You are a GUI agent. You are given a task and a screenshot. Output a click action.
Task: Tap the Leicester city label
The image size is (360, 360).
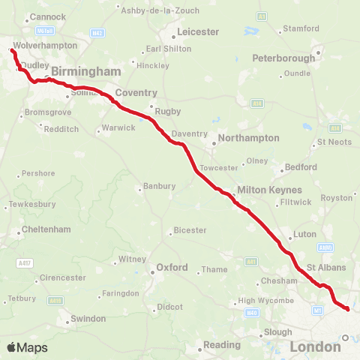(197, 32)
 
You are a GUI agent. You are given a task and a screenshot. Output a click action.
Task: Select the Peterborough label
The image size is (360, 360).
(283, 58)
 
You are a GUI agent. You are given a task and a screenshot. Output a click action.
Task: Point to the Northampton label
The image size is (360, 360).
(246, 138)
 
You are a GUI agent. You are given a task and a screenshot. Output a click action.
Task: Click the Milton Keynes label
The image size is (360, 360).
(268, 190)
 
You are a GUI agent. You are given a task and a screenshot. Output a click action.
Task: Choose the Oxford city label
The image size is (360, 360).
(172, 267)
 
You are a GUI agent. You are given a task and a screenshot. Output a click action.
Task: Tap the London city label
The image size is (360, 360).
(315, 347)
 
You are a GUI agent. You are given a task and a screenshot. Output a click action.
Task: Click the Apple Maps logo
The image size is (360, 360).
(27, 348)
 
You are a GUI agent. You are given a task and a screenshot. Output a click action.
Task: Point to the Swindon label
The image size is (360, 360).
(88, 319)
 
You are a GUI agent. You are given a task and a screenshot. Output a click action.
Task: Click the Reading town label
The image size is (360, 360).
(223, 346)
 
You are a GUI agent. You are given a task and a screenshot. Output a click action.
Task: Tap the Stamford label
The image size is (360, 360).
(301, 30)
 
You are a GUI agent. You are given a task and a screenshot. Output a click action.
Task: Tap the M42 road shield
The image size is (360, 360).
(97, 33)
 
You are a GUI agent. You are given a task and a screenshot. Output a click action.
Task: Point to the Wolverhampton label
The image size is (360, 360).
(45, 46)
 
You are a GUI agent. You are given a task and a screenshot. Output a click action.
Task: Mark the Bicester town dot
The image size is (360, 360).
(168, 230)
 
